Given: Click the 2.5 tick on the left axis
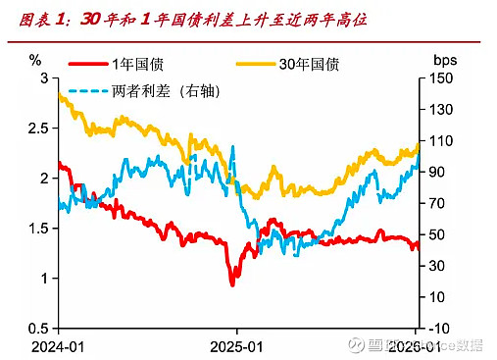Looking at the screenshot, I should [x=36, y=128].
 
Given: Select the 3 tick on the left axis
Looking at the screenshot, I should [x=42, y=77].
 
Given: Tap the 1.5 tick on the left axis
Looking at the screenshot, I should [x=36, y=228].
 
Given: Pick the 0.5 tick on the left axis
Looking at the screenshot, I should [x=36, y=328].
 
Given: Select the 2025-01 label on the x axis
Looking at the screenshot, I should [x=236, y=346].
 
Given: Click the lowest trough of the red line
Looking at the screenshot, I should [x=232, y=284].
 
